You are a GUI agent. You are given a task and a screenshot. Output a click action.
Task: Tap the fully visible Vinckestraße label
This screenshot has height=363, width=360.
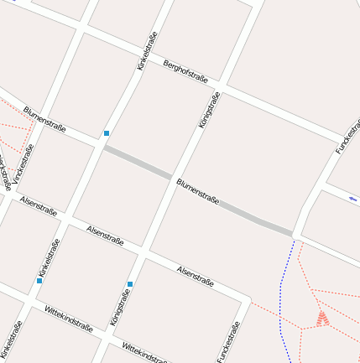coord(24,164)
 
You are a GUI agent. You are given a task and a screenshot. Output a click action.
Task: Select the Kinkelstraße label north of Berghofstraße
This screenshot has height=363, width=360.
coord(147,50)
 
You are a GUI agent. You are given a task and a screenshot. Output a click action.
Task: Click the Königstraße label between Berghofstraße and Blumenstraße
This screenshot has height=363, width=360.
coord(210,110)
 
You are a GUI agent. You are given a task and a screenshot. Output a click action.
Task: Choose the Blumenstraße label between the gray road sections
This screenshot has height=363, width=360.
coord(198,190)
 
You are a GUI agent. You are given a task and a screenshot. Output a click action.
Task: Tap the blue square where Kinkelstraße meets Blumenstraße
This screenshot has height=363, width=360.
coord(107,133)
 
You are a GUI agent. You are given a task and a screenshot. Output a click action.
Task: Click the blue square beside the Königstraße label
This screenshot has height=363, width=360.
coord(130,283)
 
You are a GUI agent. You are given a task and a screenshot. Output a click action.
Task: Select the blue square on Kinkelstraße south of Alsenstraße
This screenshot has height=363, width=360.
coord(39,281)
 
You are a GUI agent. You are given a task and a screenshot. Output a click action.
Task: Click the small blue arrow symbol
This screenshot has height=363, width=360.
coord(352,200)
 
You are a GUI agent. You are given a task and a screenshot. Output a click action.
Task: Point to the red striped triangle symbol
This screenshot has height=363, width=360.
coord(322,318)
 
